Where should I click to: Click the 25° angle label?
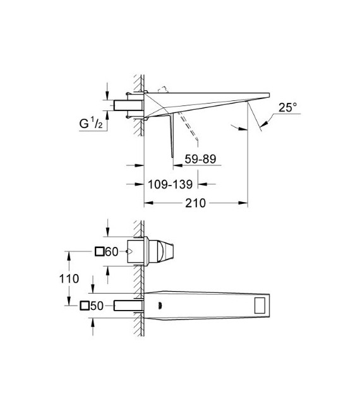pyautogui.click(x=286, y=108)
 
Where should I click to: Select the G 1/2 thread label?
pyautogui.click(x=93, y=123)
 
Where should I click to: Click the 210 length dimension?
pyautogui.click(x=196, y=203)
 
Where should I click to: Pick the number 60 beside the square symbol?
pyautogui.click(x=112, y=251)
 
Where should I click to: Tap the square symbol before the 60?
pyautogui.click(x=99, y=251)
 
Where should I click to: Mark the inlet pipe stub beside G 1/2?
pyautogui.click(x=124, y=105)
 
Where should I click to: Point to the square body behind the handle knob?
pyautogui.click(x=140, y=252)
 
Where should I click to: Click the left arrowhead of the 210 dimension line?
pyautogui.click(x=148, y=203)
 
